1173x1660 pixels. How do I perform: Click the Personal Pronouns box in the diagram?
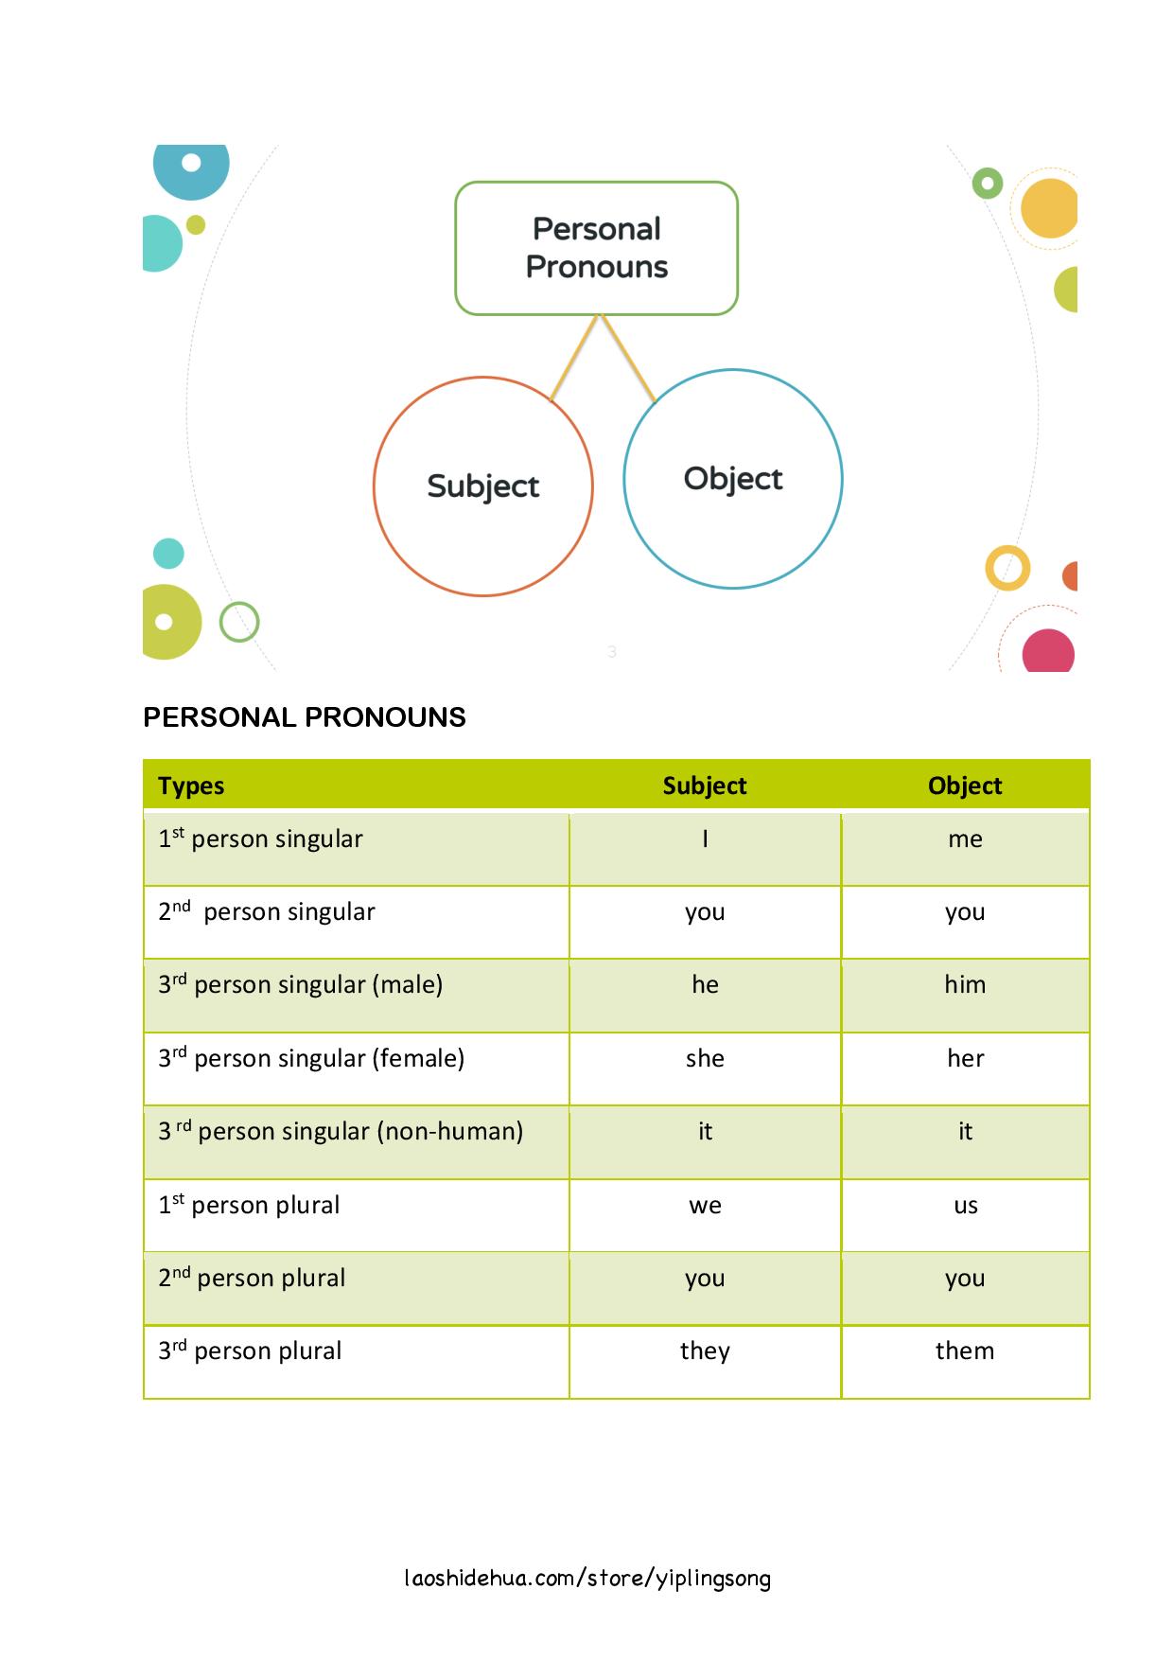click(x=596, y=248)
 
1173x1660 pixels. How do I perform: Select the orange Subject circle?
click(x=482, y=486)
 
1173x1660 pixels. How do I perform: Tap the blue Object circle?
click(x=732, y=479)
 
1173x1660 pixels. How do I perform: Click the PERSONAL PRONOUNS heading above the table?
click(x=304, y=717)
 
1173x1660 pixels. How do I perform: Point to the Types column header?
click(x=191, y=786)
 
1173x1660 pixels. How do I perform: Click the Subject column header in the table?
click(x=704, y=786)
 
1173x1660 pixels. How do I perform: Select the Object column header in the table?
click(x=964, y=786)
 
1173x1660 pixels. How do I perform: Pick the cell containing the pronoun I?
click(x=705, y=839)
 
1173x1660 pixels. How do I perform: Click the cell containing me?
click(x=965, y=839)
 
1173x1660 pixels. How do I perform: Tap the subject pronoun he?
click(x=705, y=985)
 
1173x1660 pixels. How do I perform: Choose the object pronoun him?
click(x=965, y=985)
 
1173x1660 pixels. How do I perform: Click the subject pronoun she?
click(x=705, y=1058)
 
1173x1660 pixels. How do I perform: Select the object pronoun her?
click(x=965, y=1058)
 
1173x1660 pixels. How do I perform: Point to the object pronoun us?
click(x=965, y=1206)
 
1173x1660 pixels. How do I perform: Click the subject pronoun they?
click(x=705, y=1351)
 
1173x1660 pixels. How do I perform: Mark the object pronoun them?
click(x=965, y=1351)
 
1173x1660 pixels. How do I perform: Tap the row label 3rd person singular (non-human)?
click(x=341, y=1132)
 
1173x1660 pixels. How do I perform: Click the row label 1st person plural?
click(x=249, y=1206)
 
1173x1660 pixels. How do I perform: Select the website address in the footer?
click(x=586, y=1578)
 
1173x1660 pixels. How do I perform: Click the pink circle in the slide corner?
click(x=1048, y=652)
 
